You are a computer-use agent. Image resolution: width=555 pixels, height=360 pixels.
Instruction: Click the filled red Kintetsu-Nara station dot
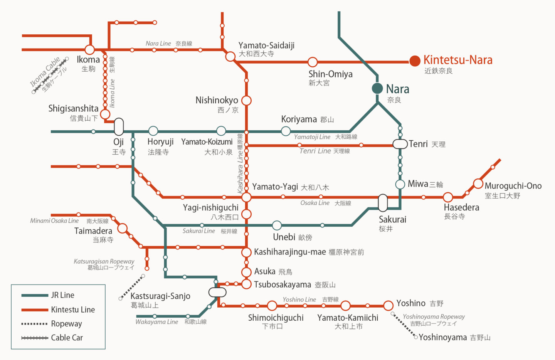(x=415, y=61)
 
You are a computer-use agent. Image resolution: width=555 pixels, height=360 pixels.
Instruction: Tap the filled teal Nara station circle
(x=377, y=88)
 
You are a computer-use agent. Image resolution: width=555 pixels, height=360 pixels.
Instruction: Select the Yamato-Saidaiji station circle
(x=230, y=57)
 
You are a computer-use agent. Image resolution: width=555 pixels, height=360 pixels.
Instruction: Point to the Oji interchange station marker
(x=119, y=126)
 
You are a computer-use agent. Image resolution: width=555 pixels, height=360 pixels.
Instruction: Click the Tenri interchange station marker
(x=400, y=144)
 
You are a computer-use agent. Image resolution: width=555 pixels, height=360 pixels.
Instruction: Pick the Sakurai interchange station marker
(x=383, y=203)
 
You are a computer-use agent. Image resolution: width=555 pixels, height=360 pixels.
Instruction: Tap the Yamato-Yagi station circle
(x=246, y=197)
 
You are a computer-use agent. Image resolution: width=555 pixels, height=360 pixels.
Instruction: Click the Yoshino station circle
(x=388, y=306)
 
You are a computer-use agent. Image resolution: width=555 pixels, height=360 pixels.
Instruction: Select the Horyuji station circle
(x=153, y=131)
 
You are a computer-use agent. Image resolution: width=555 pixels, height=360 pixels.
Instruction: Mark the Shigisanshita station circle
(x=105, y=114)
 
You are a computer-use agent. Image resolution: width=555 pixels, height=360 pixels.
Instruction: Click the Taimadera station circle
(x=123, y=229)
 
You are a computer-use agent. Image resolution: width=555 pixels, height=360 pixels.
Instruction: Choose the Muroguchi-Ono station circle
(x=478, y=184)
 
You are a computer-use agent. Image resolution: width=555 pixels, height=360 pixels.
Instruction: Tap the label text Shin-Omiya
(x=330, y=74)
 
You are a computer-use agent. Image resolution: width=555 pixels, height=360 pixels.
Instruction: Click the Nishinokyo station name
(x=217, y=100)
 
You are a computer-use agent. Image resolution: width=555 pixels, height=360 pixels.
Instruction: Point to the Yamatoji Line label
(x=312, y=137)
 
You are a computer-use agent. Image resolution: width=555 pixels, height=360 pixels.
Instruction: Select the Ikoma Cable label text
(x=45, y=72)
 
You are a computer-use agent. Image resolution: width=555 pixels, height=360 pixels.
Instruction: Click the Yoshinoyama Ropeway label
(x=434, y=317)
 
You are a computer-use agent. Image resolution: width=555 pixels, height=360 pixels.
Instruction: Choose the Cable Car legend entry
(x=52, y=338)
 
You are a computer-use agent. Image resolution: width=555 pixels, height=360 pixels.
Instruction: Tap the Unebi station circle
(x=277, y=225)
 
